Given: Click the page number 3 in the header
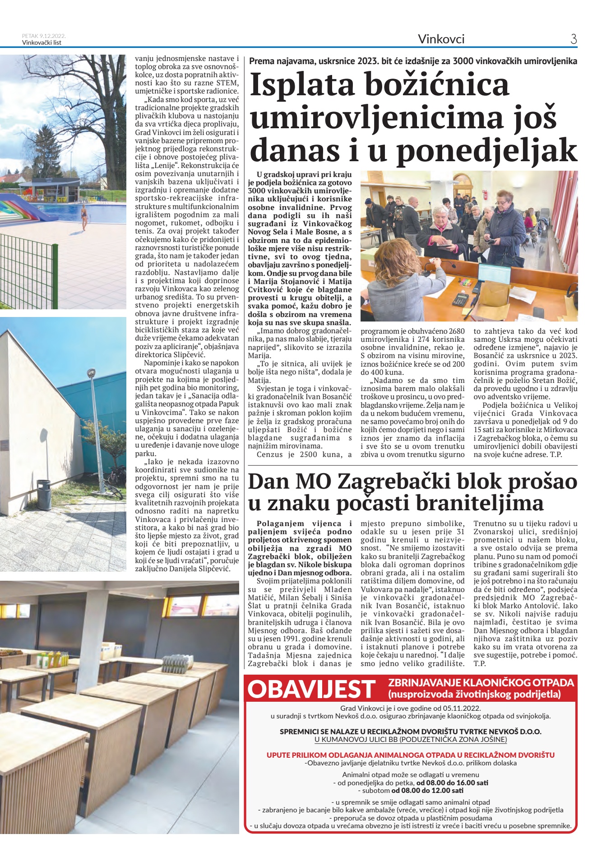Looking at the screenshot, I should [x=574, y=39].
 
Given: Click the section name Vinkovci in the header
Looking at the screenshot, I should [x=441, y=39].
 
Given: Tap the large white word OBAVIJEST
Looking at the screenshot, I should [x=311, y=689].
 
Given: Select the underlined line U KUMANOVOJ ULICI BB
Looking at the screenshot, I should [x=410, y=740].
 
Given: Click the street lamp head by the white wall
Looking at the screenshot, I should [x=91, y=374].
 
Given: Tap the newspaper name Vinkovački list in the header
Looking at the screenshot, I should [x=42, y=42].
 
